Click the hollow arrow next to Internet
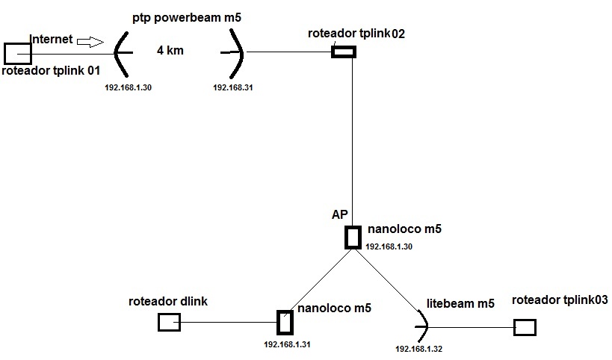(x=93, y=42)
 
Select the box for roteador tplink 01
(x=17, y=53)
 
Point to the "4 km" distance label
(x=170, y=52)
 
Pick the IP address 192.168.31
(x=233, y=87)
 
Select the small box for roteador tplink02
(x=344, y=52)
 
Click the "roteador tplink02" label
(x=356, y=34)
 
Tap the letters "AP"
(x=340, y=214)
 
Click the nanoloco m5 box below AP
(x=353, y=237)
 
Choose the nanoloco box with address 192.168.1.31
(x=285, y=323)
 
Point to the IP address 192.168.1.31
(x=287, y=344)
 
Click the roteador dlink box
(x=169, y=322)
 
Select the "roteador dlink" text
(x=168, y=302)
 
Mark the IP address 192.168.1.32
(x=418, y=349)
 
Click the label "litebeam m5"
(x=460, y=304)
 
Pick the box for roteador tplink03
(x=525, y=327)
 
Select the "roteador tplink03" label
(x=560, y=300)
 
